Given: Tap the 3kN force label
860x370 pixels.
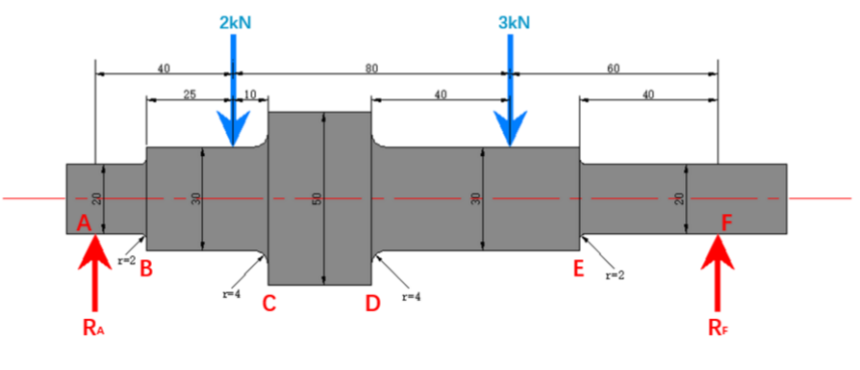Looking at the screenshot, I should [511, 22].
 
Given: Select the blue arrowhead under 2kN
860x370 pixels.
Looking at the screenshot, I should [234, 130].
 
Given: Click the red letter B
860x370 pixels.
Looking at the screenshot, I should [146, 268].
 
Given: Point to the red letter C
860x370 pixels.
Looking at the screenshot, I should [269, 304].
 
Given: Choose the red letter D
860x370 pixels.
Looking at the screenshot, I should [372, 304].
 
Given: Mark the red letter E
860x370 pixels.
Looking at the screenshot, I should [579, 268].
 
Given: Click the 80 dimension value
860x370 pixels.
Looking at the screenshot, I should [371, 67].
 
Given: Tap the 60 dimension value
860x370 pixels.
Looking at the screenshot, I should [614, 67].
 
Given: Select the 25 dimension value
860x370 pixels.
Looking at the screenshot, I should [190, 93].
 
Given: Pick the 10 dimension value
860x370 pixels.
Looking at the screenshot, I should [250, 93].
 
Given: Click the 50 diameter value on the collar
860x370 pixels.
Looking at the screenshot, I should [316, 199].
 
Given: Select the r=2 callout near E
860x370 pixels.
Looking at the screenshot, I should [615, 276].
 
